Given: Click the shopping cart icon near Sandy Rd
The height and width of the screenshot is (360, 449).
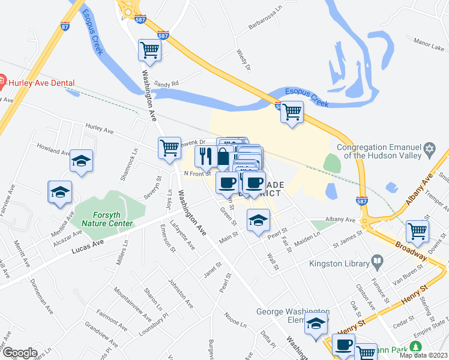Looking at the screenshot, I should click(149, 50).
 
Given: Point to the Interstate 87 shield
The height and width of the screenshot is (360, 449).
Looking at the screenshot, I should click(65, 26).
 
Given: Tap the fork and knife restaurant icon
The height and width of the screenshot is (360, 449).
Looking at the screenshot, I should click(205, 156).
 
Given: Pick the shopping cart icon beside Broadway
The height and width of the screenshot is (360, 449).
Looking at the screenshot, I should click(417, 230).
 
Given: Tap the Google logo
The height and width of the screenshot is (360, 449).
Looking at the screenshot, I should click(19, 353).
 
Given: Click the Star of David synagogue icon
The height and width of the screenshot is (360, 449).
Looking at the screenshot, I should click(429, 148).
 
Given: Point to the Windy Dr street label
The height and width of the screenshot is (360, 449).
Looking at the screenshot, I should click(243, 60).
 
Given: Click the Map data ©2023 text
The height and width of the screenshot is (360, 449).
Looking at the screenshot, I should click(423, 355).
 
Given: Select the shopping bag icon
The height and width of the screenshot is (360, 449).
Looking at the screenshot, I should click(223, 157).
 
